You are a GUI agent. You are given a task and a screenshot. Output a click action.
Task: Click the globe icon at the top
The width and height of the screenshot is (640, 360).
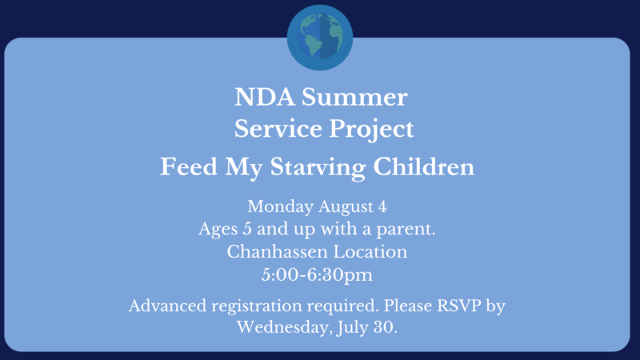(x=320, y=38)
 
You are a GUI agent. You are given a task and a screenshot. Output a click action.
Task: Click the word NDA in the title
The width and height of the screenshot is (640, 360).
(x=265, y=98)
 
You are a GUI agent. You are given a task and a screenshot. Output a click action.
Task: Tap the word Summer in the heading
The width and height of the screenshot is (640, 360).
(x=354, y=98)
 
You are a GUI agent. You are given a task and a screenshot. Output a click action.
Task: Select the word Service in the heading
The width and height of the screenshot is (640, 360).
(x=278, y=129)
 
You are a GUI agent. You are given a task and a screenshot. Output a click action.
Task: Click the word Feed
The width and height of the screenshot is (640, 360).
(x=189, y=167)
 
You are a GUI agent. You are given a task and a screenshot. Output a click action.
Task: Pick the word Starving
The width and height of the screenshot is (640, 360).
(x=318, y=168)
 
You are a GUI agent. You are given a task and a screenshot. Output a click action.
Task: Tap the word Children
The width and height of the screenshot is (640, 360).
(x=424, y=167)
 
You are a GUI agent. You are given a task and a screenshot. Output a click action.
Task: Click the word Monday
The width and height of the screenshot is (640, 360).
(x=281, y=207)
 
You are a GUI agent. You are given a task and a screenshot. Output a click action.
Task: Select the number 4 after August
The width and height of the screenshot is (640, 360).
(x=382, y=206)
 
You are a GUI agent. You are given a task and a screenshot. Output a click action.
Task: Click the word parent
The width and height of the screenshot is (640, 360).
(x=406, y=230)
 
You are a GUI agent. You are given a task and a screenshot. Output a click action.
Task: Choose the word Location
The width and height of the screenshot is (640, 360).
(x=370, y=252)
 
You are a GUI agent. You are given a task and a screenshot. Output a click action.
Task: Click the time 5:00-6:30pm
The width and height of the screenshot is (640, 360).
(x=317, y=275)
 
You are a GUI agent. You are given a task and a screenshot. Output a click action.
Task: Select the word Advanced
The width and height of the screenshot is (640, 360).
(x=168, y=306)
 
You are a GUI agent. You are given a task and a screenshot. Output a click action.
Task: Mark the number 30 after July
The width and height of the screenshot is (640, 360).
(x=386, y=327)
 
